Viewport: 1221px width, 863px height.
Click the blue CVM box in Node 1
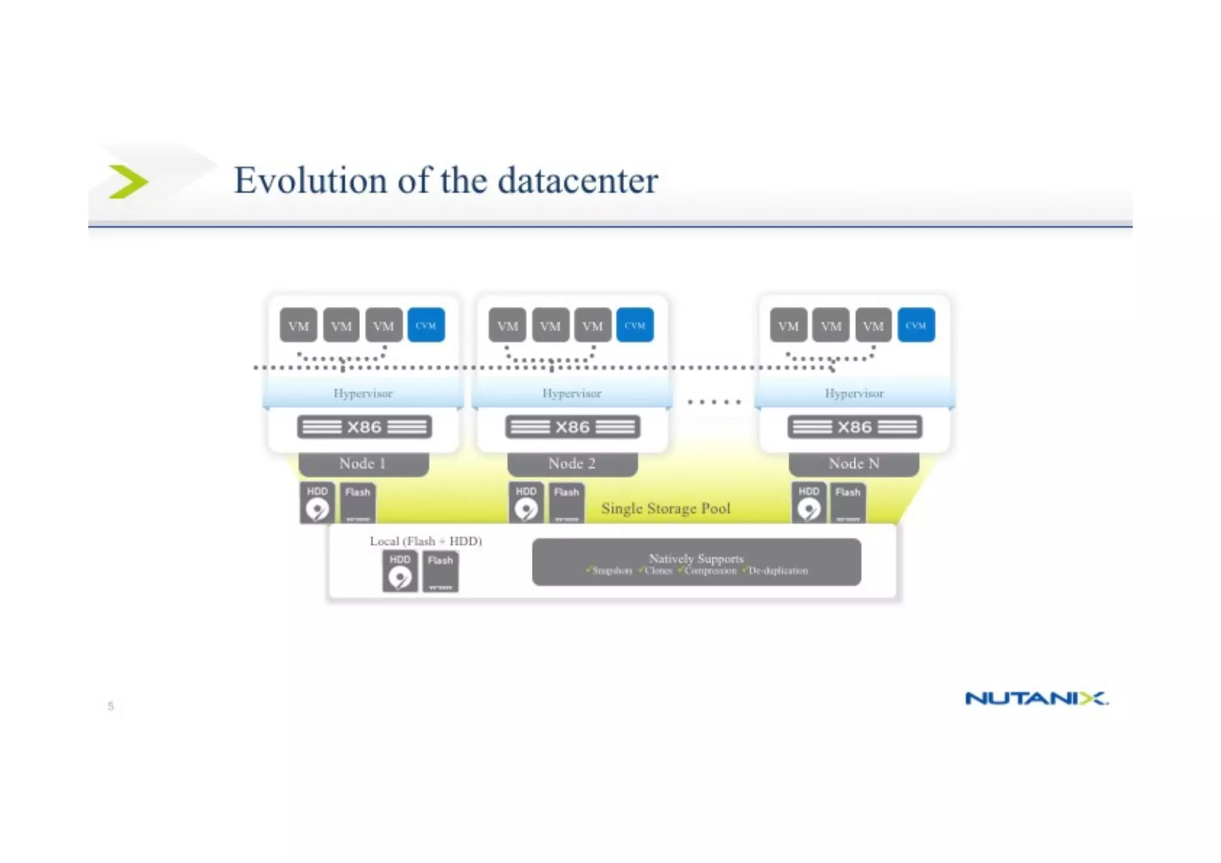[x=426, y=325]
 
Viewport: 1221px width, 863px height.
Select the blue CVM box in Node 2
[x=634, y=325]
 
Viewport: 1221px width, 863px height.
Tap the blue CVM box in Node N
[x=916, y=325]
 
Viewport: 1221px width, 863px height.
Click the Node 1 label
[x=363, y=464]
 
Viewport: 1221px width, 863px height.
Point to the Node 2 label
[x=572, y=464]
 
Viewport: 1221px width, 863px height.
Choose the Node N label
[x=854, y=464]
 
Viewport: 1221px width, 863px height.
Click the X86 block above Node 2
[x=572, y=427]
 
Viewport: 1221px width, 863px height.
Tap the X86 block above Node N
[x=854, y=427]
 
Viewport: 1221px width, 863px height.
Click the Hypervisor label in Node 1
[x=362, y=393]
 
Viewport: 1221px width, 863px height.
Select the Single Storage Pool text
[x=665, y=508]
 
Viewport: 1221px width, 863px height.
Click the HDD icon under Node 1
[x=317, y=503]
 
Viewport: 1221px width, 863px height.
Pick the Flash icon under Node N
[x=848, y=503]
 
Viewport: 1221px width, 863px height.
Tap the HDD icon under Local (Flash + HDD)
[x=399, y=572]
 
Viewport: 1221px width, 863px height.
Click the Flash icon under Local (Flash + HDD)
[x=441, y=572]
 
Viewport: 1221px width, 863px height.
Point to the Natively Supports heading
[x=696, y=558]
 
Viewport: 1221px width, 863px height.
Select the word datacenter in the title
[x=578, y=181]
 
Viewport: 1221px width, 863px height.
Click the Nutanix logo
[x=1036, y=698]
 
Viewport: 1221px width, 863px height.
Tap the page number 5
[x=110, y=706]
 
